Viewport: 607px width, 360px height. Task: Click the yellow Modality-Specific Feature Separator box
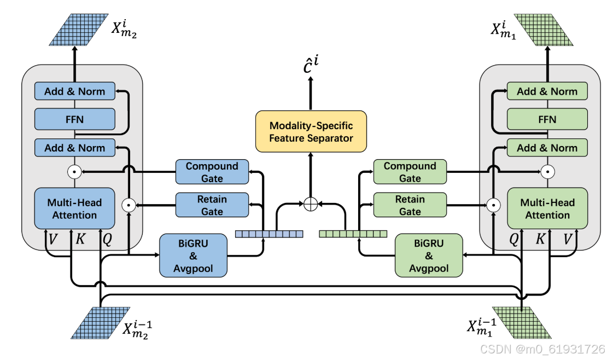point(311,132)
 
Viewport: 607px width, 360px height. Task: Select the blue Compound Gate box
point(212,172)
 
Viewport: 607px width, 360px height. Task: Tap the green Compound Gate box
point(410,172)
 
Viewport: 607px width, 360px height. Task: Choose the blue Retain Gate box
point(212,205)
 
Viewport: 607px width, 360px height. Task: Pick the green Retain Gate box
point(410,205)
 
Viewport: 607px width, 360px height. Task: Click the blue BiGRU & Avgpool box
point(193,254)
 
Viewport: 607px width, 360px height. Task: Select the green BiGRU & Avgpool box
point(429,254)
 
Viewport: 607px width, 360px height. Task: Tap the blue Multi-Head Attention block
point(74,208)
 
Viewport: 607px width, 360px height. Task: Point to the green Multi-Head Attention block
point(547,208)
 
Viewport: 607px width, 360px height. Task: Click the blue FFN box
point(74,119)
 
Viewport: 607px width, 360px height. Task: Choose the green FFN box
point(547,119)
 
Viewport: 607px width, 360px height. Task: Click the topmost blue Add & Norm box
point(74,91)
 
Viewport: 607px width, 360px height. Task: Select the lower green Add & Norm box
point(547,148)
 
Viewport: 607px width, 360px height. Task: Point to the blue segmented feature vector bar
point(269,234)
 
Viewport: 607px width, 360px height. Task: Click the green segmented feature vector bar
point(353,234)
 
